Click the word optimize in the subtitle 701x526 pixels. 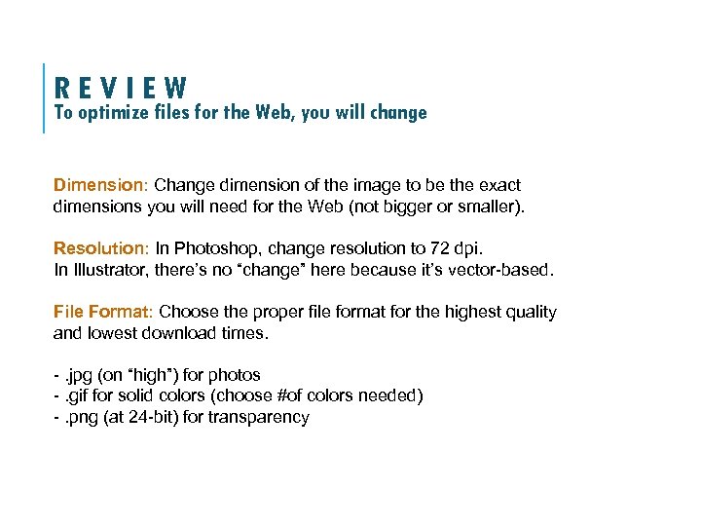[x=113, y=112]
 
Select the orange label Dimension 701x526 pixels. [x=99, y=184]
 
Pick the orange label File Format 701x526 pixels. [x=101, y=312]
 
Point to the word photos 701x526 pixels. [x=236, y=375]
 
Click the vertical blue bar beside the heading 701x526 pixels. [x=45, y=97]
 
